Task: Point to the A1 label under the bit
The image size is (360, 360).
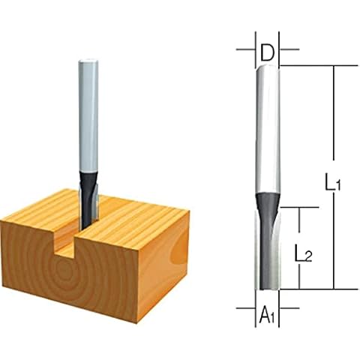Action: [x=268, y=317]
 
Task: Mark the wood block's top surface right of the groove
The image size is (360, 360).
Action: [x=135, y=217]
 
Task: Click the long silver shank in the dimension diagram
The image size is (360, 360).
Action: [x=268, y=127]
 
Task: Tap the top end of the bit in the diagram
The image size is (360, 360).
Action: [x=268, y=66]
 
